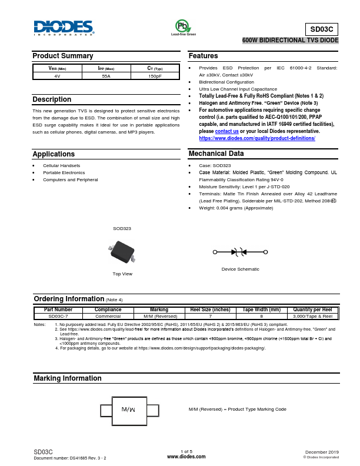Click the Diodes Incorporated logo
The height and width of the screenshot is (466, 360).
coord(64,28)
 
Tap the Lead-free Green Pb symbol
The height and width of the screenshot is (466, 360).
coord(183,26)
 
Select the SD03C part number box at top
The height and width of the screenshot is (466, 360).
coord(322,29)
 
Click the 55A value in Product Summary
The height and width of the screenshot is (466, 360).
coord(106,76)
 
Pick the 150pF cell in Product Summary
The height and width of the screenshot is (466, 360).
coord(155,76)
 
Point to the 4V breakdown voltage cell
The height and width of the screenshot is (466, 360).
coord(57,76)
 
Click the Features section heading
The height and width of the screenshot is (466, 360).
coord(204,56)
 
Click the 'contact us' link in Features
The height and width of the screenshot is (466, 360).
coord(222,131)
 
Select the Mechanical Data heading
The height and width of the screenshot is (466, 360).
coord(216,154)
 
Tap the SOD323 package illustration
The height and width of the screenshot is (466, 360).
coord(122,252)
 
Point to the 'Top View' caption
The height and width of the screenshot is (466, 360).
coord(122,274)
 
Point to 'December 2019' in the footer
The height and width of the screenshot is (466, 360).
coord(322,451)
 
